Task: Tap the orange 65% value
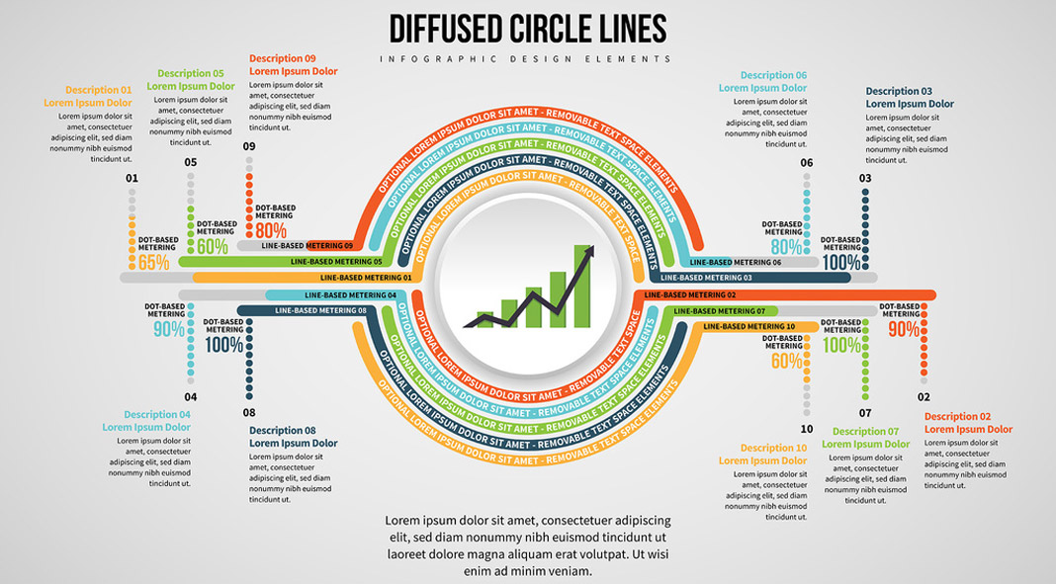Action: [x=154, y=263]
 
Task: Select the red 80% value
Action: [x=271, y=230]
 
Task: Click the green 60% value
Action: [x=213, y=247]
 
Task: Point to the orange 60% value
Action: [x=787, y=362]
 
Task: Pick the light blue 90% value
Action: [x=168, y=330]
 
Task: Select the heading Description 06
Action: [x=773, y=75]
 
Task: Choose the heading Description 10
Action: [x=773, y=448]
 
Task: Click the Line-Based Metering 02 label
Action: [x=690, y=294]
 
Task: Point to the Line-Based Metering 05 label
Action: [x=336, y=262]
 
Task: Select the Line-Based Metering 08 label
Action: [x=320, y=310]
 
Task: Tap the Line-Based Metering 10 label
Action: [x=748, y=326]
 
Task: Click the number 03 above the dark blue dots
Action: [x=865, y=178]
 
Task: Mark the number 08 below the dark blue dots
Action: [x=249, y=412]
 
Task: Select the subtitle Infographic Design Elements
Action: [x=527, y=59]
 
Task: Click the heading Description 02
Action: [x=957, y=416]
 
